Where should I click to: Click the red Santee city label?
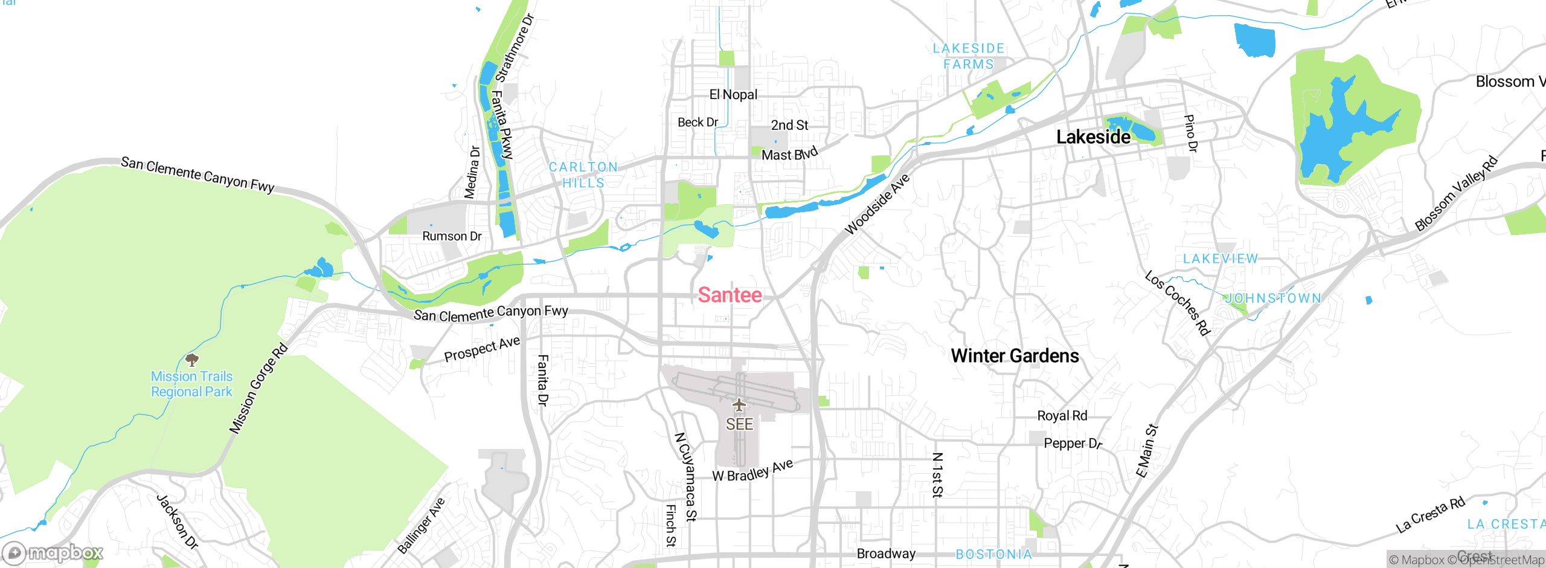(x=730, y=295)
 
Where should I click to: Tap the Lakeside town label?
(x=1093, y=137)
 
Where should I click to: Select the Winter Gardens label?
(x=1015, y=356)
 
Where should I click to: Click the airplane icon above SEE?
(x=739, y=405)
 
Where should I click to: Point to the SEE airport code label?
(x=739, y=424)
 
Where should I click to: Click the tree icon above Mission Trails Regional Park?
(x=192, y=361)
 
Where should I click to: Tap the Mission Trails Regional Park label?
(x=191, y=384)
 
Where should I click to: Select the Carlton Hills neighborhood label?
(x=583, y=175)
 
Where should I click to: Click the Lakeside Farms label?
(x=968, y=56)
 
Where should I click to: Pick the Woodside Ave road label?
(x=877, y=204)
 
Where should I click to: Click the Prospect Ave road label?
(x=482, y=349)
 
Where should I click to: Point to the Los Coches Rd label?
(x=1178, y=303)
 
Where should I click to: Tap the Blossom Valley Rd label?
(x=1456, y=193)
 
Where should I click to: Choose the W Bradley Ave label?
(x=752, y=471)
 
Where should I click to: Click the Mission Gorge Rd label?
(x=258, y=389)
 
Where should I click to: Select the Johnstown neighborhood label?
(x=1272, y=298)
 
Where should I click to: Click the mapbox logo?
(x=53, y=553)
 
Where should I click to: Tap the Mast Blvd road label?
(x=789, y=154)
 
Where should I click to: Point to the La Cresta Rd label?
(x=1430, y=515)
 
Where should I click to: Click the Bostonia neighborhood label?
(x=993, y=554)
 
